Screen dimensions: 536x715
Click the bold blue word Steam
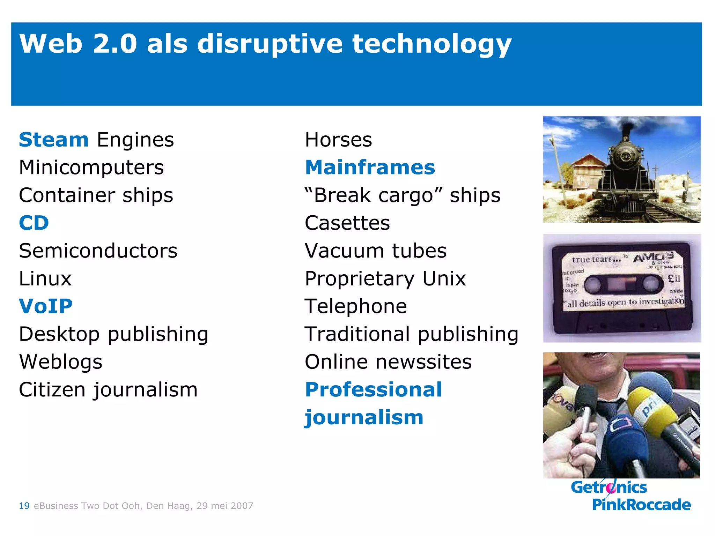point(54,140)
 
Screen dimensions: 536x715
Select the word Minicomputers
point(91,167)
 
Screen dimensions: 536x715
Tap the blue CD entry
point(34,223)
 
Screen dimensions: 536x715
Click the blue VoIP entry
point(46,306)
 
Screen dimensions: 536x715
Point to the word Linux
point(45,278)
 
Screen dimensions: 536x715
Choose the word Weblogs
point(61,362)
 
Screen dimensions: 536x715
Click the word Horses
point(338,140)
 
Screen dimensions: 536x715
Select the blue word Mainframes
point(370,167)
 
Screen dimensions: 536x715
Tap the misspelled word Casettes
point(347,223)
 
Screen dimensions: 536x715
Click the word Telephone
point(356,306)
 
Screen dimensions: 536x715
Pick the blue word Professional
point(374,390)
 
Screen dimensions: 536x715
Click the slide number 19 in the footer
point(24,506)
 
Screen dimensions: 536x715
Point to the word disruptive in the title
point(270,44)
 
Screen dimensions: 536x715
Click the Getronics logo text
point(609,487)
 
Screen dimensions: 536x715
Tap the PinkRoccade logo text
point(641,505)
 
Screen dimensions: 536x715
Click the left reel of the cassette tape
point(592,284)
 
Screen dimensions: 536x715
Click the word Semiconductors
point(98,251)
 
